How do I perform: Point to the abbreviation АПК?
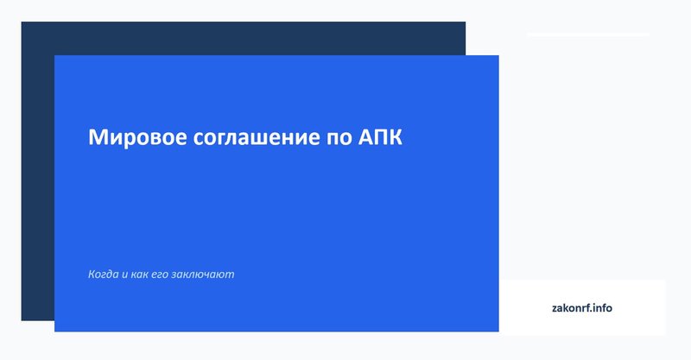(379, 138)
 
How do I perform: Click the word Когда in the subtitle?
(104, 275)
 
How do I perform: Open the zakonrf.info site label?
(581, 307)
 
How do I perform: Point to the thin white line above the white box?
(587, 35)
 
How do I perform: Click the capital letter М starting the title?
(97, 138)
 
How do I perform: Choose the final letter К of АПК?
(395, 138)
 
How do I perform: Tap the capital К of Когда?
(92, 275)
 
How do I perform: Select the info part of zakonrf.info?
(601, 307)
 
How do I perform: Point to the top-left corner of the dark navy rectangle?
(22, 23)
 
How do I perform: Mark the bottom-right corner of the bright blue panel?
(498, 330)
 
